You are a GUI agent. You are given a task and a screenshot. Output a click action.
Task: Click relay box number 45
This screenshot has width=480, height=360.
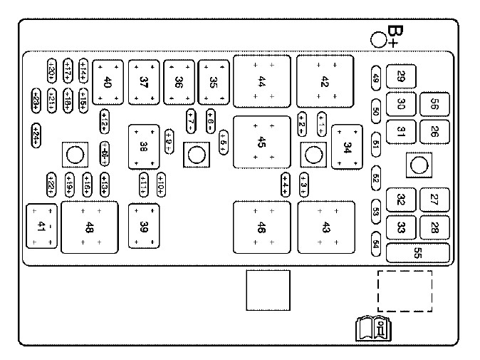[x=261, y=143]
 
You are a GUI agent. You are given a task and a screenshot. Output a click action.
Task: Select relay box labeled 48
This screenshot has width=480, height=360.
[x=89, y=227]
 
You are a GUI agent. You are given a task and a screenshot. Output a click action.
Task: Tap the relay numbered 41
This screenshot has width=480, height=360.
[x=41, y=227]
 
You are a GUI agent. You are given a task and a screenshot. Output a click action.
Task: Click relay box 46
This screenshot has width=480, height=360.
[x=261, y=227]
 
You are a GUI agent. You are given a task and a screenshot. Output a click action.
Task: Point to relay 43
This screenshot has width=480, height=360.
[x=326, y=227]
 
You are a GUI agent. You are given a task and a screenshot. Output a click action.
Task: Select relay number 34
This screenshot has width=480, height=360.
[x=348, y=148]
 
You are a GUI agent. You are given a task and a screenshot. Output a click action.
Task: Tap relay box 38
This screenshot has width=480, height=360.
[x=145, y=147]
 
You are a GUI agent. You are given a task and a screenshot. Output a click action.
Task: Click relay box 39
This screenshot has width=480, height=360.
[x=145, y=227]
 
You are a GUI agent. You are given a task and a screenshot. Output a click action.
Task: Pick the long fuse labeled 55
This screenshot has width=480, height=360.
[x=417, y=253]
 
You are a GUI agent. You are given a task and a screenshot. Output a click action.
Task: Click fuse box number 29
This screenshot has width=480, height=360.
[x=401, y=77]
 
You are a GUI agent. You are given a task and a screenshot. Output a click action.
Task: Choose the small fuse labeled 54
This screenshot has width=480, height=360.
[x=376, y=243]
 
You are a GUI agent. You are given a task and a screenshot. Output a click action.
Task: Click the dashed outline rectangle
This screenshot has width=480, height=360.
[x=405, y=291]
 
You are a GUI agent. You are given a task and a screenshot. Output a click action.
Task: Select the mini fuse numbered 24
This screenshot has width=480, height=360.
[x=36, y=133]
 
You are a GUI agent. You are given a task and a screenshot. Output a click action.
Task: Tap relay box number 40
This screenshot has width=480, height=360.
[x=108, y=81]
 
